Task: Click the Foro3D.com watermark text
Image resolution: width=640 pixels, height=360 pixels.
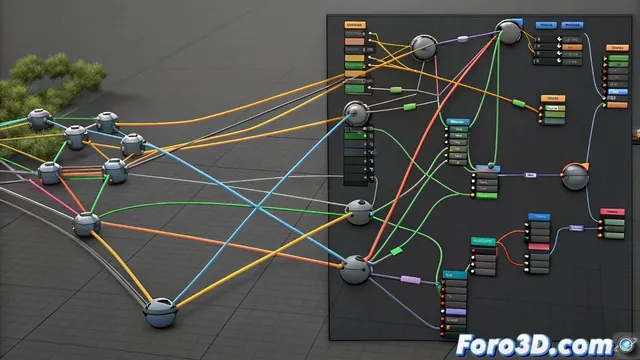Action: [x=529, y=346]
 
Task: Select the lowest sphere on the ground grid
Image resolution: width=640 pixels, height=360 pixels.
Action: [x=161, y=314]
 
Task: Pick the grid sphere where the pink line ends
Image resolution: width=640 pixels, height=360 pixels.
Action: [x=86, y=224]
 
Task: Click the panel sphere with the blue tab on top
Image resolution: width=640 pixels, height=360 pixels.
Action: [x=510, y=32]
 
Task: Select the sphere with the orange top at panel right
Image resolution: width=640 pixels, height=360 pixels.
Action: [x=575, y=176]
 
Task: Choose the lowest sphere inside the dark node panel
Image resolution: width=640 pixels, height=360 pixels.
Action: [x=355, y=269]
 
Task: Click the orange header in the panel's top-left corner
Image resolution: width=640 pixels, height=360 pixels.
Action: [x=354, y=23]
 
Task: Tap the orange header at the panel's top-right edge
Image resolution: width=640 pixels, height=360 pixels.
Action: [x=618, y=47]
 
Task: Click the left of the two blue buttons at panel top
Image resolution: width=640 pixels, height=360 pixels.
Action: [x=546, y=24]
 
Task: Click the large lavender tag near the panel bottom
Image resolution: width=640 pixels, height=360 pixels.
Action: [x=411, y=279]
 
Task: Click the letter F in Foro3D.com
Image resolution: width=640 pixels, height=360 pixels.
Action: [x=466, y=346]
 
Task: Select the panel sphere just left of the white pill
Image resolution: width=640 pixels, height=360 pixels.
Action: [x=424, y=45]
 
